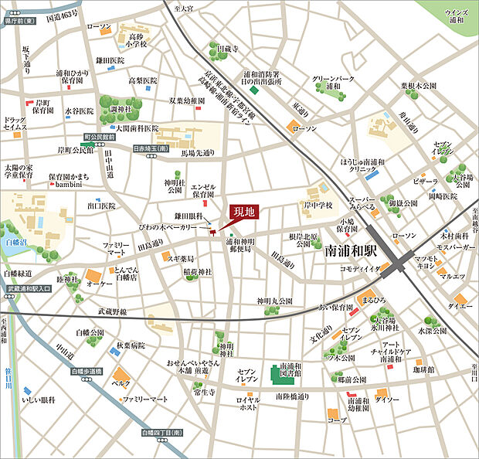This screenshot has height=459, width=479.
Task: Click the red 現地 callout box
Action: [243, 211]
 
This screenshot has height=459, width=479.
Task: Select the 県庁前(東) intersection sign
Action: [21, 22]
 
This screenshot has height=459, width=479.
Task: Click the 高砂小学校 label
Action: [137, 41]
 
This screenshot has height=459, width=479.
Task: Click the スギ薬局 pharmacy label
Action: [180, 258]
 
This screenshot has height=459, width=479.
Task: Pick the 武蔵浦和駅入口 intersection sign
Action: [29, 288]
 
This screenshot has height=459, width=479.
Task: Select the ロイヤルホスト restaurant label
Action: [249, 404]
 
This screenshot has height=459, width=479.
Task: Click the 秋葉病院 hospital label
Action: [131, 347]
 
